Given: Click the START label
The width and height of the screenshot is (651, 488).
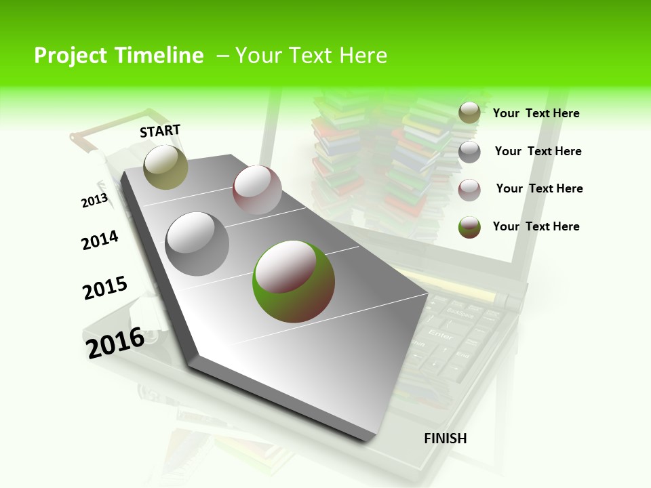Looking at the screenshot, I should coord(160,131).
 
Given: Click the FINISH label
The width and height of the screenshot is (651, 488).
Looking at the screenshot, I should coord(446,439).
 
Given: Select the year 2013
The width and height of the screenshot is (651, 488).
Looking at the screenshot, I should coord(94,201).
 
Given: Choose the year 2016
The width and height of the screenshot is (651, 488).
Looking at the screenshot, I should coord(115,343).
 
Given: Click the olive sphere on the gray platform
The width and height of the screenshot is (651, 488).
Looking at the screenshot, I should coord(165,167).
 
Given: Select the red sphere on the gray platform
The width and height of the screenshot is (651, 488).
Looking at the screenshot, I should coord(257,190).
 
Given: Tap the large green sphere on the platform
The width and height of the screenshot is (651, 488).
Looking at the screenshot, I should coord(294,281).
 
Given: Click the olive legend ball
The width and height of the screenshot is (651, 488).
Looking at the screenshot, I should coord(469,113).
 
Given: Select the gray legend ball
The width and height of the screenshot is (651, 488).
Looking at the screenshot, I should coord(469,152).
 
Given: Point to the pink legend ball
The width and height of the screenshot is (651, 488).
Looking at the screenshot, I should coord(469,190).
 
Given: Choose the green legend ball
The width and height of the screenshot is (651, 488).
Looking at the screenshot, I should coord(469,227).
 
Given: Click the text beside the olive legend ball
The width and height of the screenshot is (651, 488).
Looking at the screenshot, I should coord(536,113).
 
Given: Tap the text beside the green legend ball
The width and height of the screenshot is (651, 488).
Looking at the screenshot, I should coord(536,226).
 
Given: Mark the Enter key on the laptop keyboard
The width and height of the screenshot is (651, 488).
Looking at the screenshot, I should coord(441,335).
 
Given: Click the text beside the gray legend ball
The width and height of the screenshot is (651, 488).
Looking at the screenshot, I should coord(538,151).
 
